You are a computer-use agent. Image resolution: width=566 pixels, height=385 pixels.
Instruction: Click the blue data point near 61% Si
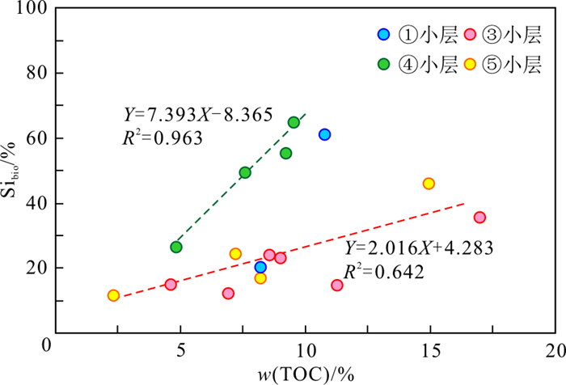click(x=324, y=134)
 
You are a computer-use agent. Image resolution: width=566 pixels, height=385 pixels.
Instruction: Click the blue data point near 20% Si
click(x=260, y=267)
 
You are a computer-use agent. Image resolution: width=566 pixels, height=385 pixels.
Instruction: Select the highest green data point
click(x=294, y=122)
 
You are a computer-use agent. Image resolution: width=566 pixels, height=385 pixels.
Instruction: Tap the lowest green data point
click(x=176, y=247)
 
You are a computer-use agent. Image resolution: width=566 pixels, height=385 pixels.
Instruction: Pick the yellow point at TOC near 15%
click(x=429, y=184)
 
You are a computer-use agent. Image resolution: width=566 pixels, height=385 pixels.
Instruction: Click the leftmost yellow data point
click(x=113, y=295)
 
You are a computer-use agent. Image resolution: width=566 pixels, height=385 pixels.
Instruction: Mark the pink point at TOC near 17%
click(x=479, y=218)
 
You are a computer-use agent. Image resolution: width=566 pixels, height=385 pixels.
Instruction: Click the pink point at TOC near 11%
click(x=337, y=285)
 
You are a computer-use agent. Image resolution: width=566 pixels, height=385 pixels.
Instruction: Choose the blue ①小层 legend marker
click(x=384, y=34)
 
